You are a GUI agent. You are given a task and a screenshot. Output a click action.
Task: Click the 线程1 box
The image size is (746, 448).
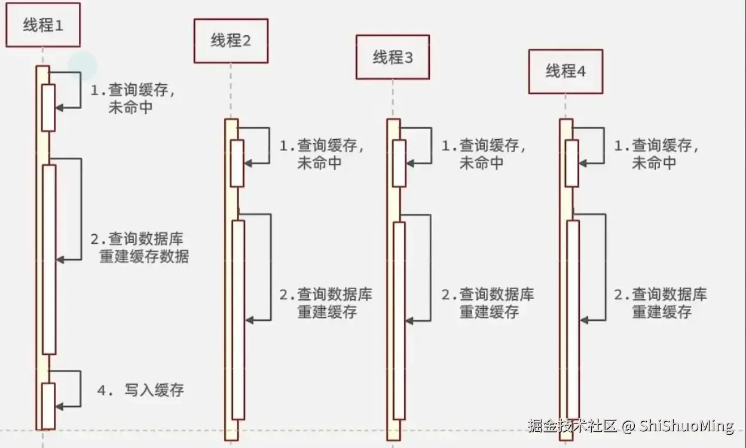tap(43, 25)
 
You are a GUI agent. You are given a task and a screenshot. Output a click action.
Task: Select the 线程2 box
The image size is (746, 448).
tap(231, 41)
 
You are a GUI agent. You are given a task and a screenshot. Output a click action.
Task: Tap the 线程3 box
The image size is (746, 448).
tap(393, 57)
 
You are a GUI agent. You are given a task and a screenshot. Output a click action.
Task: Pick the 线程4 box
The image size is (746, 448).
tap(565, 72)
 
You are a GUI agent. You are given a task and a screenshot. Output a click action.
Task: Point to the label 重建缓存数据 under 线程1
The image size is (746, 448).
tap(144, 257)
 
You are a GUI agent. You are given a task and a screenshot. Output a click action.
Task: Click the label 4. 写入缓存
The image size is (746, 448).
tap(141, 391)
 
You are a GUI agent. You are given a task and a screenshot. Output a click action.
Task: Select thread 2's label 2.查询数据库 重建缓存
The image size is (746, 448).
tap(326, 303)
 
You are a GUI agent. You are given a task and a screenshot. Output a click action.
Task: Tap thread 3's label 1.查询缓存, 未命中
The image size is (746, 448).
tap(483, 154)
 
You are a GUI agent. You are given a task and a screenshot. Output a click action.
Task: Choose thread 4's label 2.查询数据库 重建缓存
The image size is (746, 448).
tap(661, 303)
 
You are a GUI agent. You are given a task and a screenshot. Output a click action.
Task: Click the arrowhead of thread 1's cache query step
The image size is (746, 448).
tap(59, 108)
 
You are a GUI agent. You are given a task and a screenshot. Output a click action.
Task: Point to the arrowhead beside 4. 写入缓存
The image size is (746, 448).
tap(59, 406)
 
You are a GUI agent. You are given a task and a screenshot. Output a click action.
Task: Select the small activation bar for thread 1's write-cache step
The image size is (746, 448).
tap(48, 406)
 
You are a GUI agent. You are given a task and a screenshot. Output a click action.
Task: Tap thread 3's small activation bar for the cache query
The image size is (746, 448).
tap(399, 163)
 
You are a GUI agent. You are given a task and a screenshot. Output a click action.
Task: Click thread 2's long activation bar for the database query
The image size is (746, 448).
tap(239, 320)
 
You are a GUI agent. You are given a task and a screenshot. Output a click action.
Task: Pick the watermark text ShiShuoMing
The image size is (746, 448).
tap(686, 426)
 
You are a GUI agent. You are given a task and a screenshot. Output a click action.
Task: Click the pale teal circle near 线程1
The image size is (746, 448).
tap(82, 65)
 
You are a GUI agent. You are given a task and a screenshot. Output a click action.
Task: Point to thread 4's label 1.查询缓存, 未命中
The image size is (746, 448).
tap(656, 154)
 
